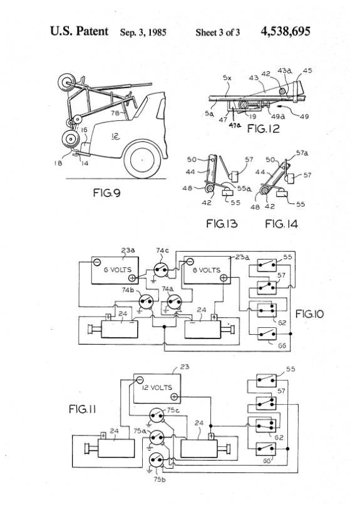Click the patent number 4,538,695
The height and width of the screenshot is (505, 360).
click(x=285, y=31)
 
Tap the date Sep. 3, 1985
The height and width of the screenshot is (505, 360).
click(x=143, y=33)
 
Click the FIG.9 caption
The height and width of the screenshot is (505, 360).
click(x=106, y=193)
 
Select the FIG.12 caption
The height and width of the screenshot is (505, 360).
click(x=264, y=128)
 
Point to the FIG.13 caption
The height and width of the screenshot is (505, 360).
click(x=222, y=223)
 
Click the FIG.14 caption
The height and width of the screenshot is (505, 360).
click(x=281, y=223)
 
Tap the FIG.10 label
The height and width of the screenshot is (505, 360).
click(x=309, y=314)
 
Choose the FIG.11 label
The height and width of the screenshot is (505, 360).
click(x=83, y=409)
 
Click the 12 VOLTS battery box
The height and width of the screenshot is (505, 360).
click(x=157, y=388)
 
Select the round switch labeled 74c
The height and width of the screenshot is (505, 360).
click(x=161, y=270)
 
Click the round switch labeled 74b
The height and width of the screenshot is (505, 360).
click(x=146, y=301)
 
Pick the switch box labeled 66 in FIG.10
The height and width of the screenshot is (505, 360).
click(x=267, y=334)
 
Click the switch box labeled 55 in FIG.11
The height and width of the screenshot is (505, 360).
click(x=266, y=380)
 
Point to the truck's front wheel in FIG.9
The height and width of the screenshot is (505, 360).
click(x=142, y=160)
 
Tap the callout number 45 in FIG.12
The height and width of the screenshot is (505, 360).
click(x=307, y=71)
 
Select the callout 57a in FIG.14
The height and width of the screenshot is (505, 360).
click(x=302, y=153)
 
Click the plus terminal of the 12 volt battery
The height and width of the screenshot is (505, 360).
click(x=174, y=397)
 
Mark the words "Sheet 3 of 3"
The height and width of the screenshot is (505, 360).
click(x=217, y=33)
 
